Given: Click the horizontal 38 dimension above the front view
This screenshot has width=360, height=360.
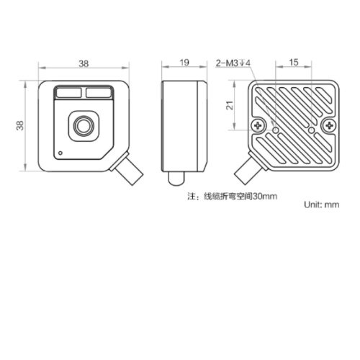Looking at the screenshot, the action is coord(84,63).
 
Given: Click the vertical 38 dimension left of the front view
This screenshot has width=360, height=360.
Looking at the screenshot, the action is coord(20,125).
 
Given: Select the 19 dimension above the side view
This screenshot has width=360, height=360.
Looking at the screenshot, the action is coord(184,63).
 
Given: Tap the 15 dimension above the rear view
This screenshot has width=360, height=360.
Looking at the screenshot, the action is coord(294,63).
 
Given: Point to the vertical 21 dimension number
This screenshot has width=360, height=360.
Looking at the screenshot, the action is coord(230,105).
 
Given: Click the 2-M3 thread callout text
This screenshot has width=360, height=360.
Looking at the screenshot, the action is coord(233,63).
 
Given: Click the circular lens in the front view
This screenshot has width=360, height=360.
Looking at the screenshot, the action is coord(84,126).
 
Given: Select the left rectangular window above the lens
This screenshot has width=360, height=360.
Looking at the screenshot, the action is coord(68,93).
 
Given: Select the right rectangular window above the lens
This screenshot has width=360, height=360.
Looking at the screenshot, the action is coord(99,93).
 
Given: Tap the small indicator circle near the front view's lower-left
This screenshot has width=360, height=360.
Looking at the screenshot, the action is coord(60,153).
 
